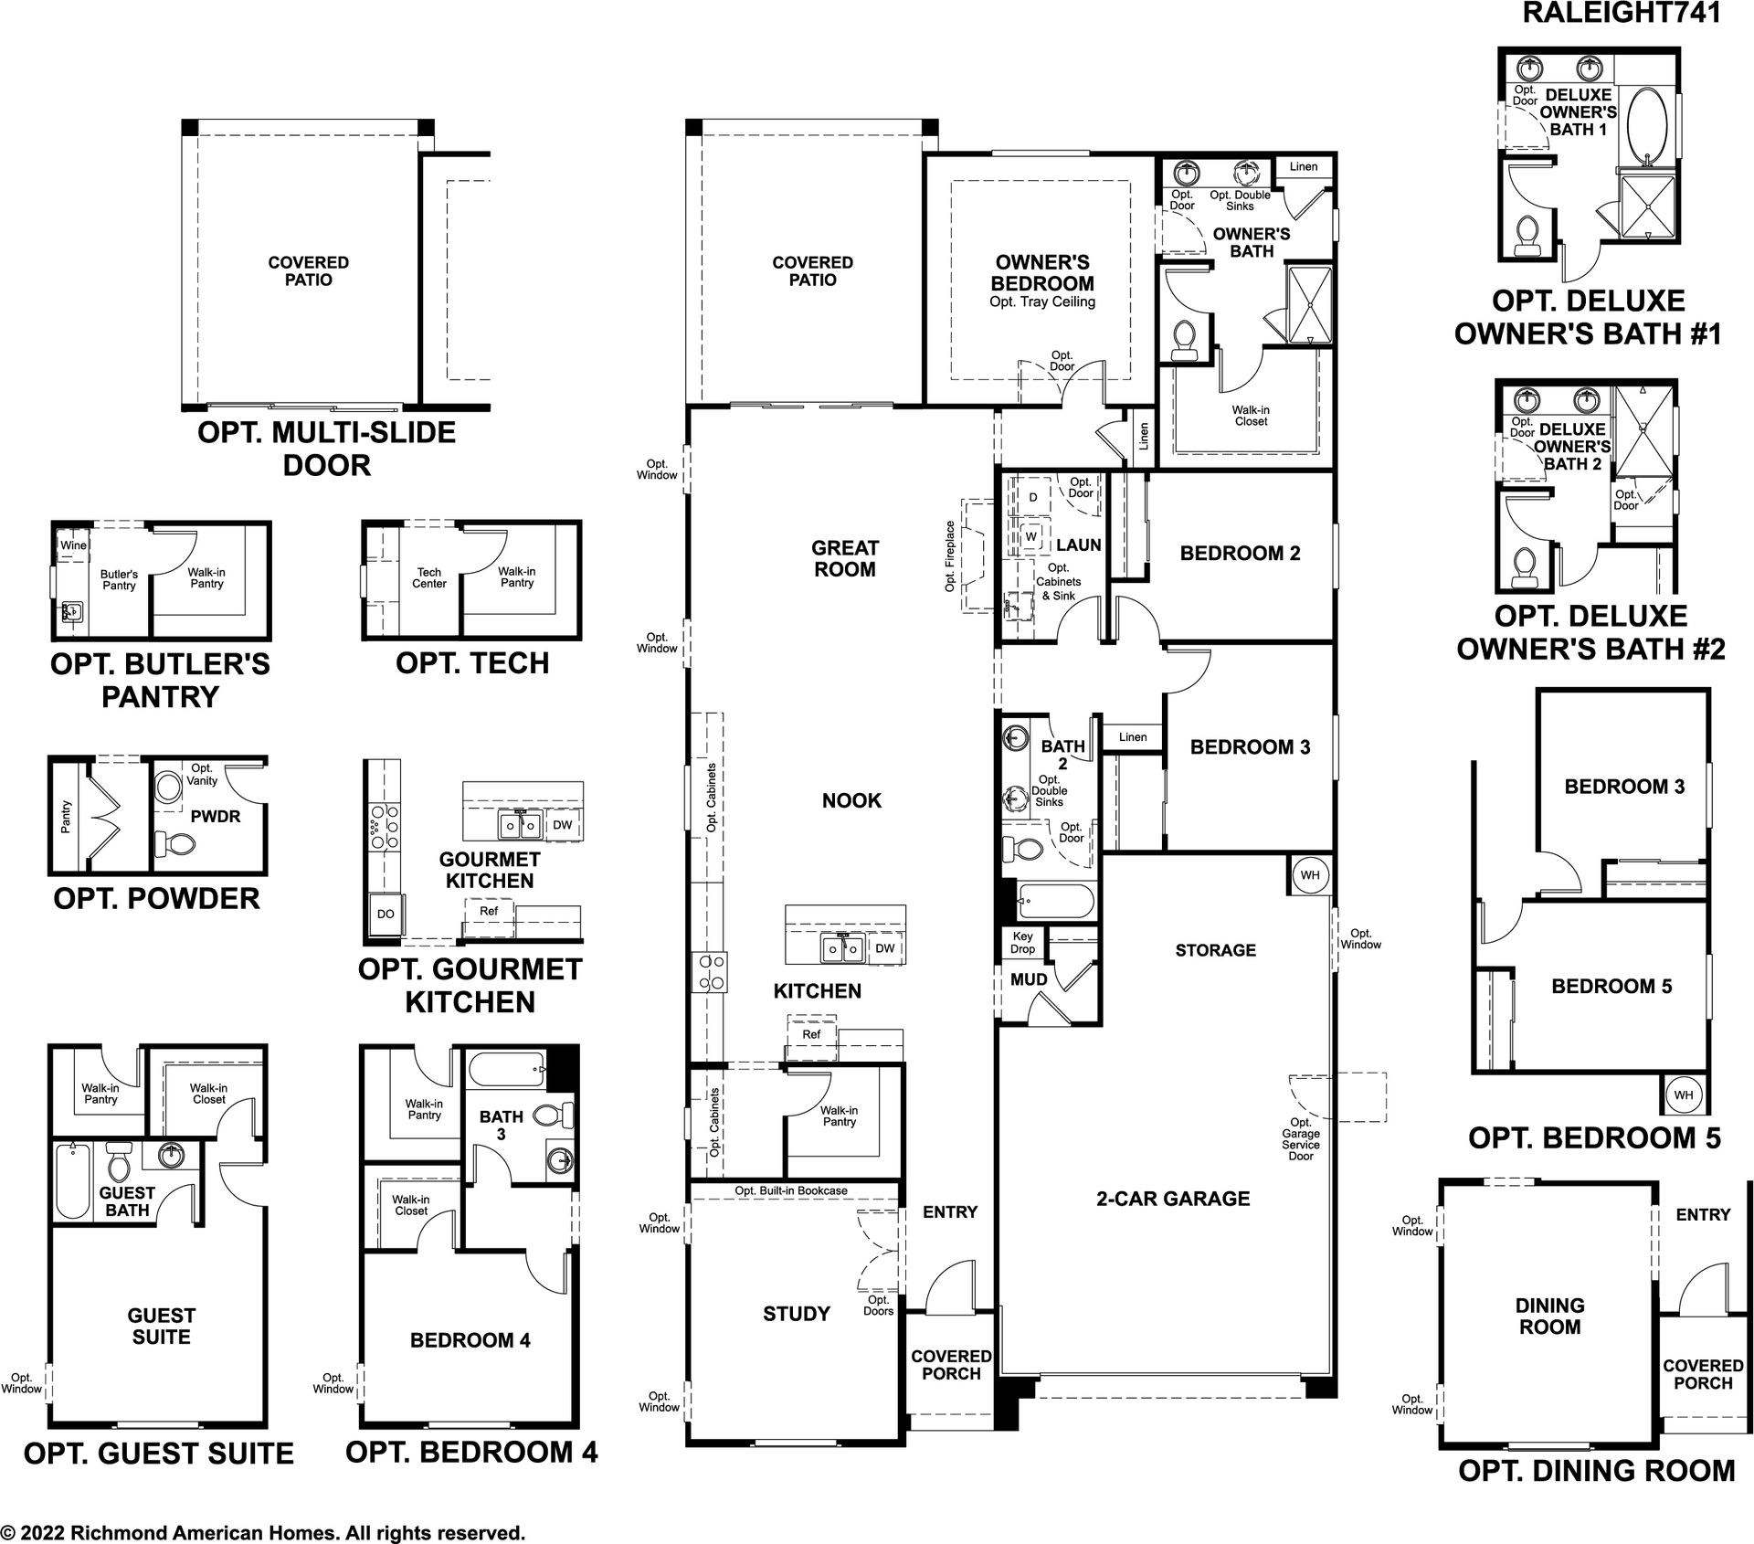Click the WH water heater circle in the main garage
click(x=1310, y=875)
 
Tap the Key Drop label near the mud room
click(x=1022, y=943)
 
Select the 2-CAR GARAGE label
click(x=1173, y=1199)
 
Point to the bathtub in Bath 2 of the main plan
click(x=1054, y=902)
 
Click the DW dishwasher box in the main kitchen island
click(x=885, y=948)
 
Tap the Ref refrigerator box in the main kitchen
click(x=811, y=1034)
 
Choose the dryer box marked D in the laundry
click(x=1033, y=498)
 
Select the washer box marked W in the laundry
click(x=1031, y=536)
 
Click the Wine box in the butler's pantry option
click(x=73, y=545)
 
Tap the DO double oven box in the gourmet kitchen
click(x=386, y=914)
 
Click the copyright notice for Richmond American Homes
click(x=263, y=1532)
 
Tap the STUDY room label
click(x=797, y=1314)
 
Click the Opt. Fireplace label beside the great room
click(x=950, y=556)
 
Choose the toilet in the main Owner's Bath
click(x=1182, y=336)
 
